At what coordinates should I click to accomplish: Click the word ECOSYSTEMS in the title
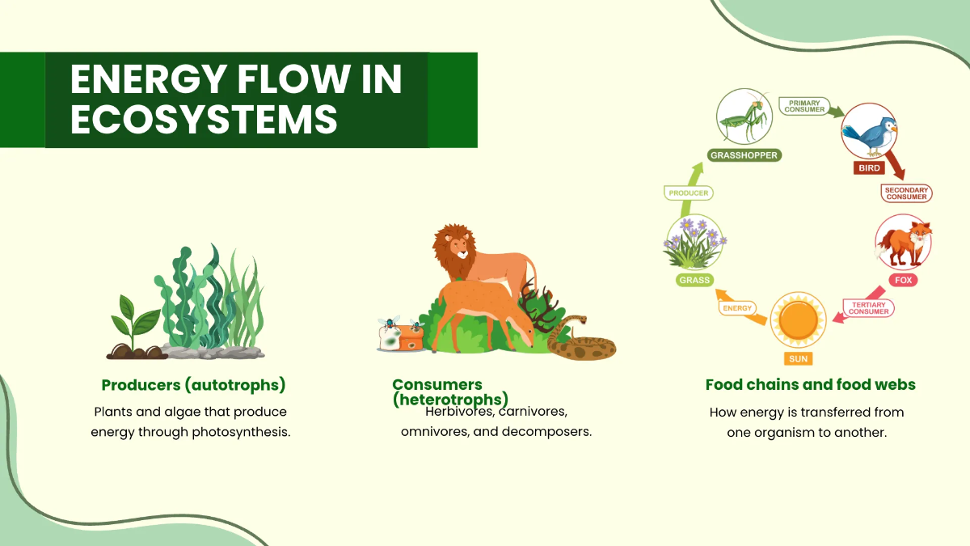[x=204, y=119]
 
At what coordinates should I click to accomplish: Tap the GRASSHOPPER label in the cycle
[x=745, y=154]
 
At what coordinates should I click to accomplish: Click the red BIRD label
[x=870, y=169]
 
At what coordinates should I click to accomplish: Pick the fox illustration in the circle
[x=904, y=243]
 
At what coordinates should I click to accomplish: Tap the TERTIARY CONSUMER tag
[x=869, y=307]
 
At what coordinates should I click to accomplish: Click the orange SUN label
[x=798, y=358]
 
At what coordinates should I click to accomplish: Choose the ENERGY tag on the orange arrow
[x=737, y=308]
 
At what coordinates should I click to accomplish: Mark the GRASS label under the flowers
[x=694, y=281]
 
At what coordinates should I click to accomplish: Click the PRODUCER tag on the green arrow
[x=689, y=193]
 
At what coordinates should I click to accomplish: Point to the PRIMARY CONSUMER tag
[x=806, y=106]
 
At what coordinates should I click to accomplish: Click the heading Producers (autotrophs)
[x=193, y=385]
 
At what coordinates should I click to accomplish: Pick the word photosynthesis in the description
[x=240, y=432]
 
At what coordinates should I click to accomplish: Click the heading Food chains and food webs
[x=810, y=385]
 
